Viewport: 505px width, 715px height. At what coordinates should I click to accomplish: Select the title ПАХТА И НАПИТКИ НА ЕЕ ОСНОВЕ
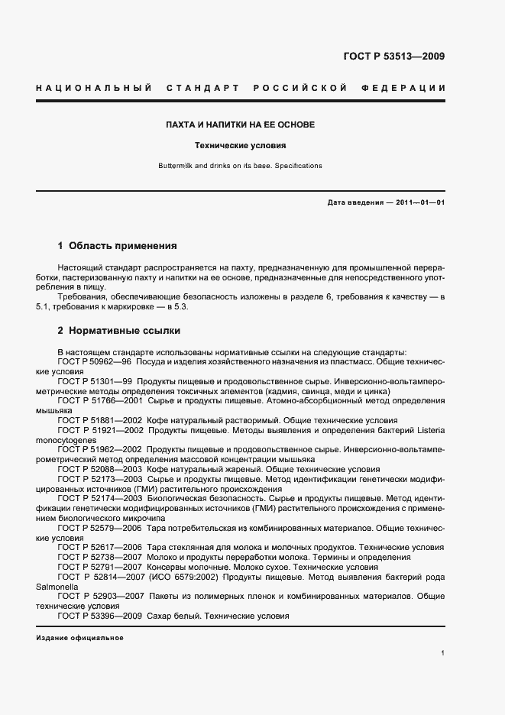[241, 125]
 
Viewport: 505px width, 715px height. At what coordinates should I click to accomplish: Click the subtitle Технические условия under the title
[241, 145]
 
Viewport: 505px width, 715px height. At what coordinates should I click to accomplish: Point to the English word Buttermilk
[176, 166]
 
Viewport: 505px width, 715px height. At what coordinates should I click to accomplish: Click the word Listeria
[428, 430]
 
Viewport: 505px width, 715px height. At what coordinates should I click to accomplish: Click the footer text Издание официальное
[79, 637]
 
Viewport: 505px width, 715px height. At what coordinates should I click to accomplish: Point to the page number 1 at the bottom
[443, 653]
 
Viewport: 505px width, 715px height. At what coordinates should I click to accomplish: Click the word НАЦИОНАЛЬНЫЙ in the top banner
[92, 89]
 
